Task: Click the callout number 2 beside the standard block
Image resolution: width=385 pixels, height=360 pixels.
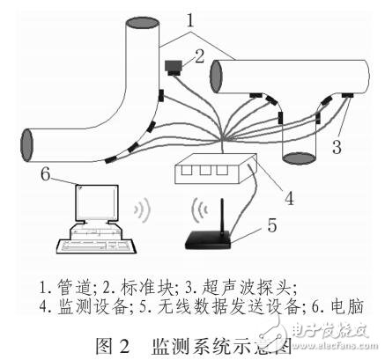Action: point(199,55)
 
